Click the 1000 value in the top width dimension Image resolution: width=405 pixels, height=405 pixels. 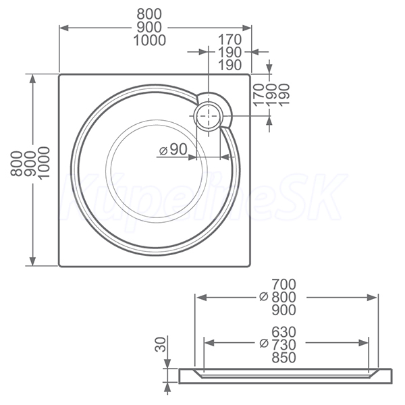coord(150,40)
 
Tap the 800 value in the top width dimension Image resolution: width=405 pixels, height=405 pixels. coord(149,14)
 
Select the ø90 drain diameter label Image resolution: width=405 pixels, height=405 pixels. coord(173,149)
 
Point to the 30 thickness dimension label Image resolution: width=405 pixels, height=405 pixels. coord(161,344)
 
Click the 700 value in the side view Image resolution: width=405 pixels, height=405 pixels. coord(283,285)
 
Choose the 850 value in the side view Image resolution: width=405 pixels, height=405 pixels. coord(283,358)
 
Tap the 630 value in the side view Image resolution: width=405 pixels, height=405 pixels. coord(283,332)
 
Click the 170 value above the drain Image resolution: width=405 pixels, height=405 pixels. coord(230,40)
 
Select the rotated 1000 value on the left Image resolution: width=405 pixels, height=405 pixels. coord(43,162)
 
